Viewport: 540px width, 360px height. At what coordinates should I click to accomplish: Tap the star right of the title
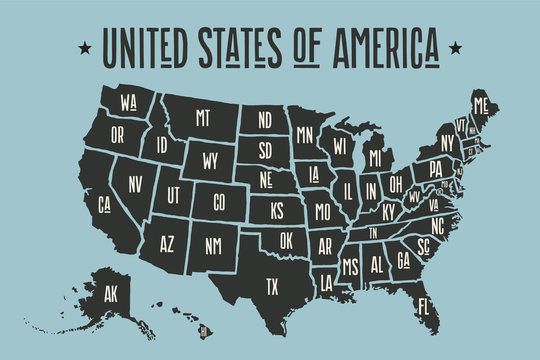[456, 46]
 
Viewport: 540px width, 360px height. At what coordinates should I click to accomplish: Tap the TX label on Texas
[271, 285]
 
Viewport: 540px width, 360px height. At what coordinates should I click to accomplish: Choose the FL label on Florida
[424, 304]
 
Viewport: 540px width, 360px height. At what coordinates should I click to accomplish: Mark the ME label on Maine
[482, 105]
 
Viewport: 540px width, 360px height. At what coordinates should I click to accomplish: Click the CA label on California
[103, 206]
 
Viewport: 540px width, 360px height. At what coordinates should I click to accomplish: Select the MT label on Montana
[203, 118]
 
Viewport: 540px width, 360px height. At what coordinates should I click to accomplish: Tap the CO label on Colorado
[219, 200]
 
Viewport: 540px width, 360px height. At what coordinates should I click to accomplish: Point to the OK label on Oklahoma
[286, 240]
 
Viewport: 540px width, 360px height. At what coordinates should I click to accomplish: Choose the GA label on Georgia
[404, 259]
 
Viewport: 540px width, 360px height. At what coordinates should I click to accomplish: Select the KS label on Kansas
[277, 211]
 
